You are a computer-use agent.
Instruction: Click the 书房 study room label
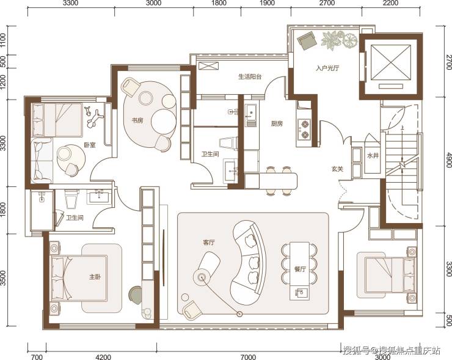tap(137, 120)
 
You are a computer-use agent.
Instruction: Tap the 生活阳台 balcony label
tap(250, 77)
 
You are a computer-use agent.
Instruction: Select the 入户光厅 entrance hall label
tap(327, 68)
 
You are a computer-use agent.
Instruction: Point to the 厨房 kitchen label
tap(277, 123)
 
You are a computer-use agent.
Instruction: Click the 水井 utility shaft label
tap(373, 156)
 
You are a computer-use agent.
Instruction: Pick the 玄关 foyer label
tap(337, 169)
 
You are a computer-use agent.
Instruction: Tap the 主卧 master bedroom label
tap(95, 277)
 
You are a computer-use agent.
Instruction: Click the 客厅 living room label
tap(209, 243)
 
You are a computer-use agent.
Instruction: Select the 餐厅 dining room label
tap(300, 269)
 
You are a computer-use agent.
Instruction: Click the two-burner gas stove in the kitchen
tap(304, 129)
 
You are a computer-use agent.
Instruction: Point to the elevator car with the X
tap(390, 62)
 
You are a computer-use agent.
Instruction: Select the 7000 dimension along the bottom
tap(248, 357)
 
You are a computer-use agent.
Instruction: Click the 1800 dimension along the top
tap(219, 3)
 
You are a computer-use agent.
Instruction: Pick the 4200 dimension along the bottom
tap(103, 357)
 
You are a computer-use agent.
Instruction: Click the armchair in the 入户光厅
tap(307, 40)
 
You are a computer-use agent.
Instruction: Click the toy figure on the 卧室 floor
tap(93, 117)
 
